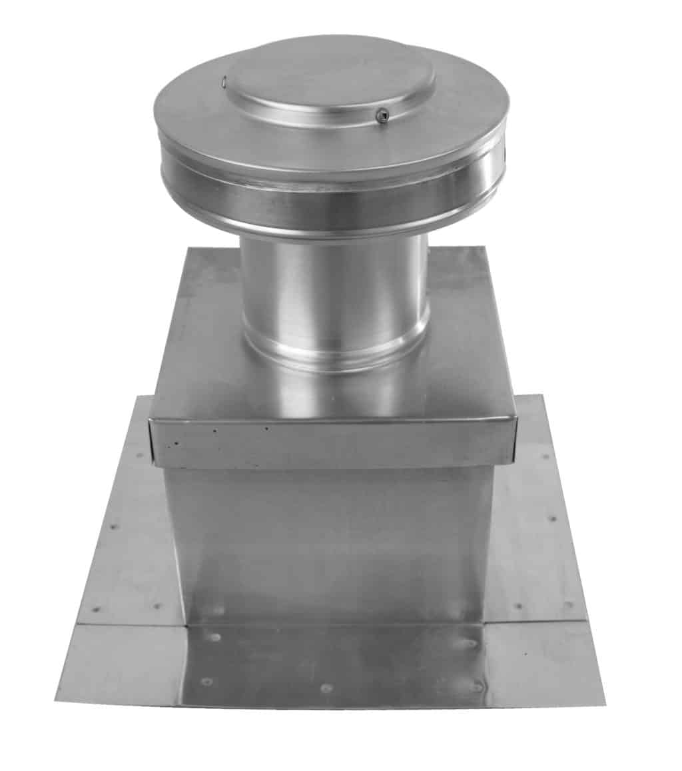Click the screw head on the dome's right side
coord(381,116)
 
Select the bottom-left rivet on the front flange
coord(207,682)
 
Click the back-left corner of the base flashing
coord(139,398)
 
